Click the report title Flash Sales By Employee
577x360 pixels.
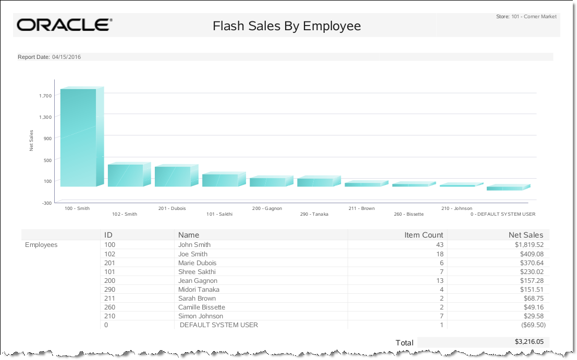tap(287, 26)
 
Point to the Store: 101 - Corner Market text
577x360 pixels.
tap(526, 17)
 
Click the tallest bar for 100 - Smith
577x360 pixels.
tap(79, 138)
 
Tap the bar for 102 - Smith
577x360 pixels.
tap(126, 176)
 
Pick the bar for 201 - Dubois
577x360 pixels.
tap(173, 177)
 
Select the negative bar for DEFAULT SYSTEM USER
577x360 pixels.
tap(504, 188)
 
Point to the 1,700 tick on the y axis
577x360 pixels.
tap(45, 95)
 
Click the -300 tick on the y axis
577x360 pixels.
tap(46, 203)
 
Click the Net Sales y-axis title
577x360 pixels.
tap(31, 140)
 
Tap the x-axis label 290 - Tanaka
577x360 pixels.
tap(314, 214)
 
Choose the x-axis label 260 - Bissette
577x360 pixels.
tap(409, 214)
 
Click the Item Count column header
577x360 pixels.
tap(424, 235)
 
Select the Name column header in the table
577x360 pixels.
tap(189, 235)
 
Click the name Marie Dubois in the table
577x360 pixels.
tap(197, 263)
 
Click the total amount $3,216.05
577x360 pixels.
tap(529, 342)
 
